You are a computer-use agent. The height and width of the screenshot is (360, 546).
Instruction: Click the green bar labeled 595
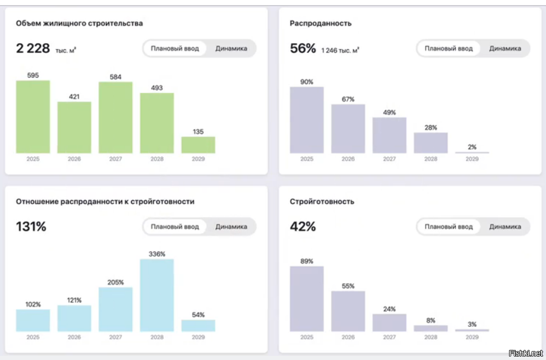(x=33, y=117)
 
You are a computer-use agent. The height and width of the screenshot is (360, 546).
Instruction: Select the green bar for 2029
(x=198, y=145)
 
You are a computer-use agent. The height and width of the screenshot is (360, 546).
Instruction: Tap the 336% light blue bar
(x=157, y=295)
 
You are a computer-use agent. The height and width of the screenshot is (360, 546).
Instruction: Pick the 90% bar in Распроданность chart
(x=307, y=120)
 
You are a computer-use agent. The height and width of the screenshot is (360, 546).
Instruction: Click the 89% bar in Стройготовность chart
(x=307, y=298)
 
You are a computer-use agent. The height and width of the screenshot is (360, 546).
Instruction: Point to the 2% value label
(x=472, y=147)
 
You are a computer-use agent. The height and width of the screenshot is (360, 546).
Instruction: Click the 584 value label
(x=115, y=77)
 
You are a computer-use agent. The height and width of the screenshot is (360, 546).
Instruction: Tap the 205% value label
(x=115, y=282)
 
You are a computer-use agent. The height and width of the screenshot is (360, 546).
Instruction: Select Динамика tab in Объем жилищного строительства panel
(x=231, y=48)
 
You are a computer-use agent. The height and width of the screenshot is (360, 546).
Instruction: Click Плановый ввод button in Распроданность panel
(x=448, y=48)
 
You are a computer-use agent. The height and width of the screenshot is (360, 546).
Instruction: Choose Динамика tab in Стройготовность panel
(x=505, y=227)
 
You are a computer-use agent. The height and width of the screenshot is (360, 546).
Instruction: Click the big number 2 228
(x=33, y=49)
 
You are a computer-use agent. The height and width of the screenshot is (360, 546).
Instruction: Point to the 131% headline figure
(x=31, y=227)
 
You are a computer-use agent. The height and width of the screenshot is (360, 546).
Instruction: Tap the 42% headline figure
(x=303, y=227)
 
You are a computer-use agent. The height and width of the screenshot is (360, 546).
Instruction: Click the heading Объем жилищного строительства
(x=79, y=24)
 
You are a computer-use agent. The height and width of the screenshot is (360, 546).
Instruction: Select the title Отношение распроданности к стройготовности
(x=105, y=201)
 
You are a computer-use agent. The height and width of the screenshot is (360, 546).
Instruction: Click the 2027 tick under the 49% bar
(x=389, y=159)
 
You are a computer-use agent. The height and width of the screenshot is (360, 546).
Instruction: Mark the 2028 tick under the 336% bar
(x=157, y=338)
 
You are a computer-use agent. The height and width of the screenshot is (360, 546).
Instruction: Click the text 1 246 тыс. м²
(x=340, y=50)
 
